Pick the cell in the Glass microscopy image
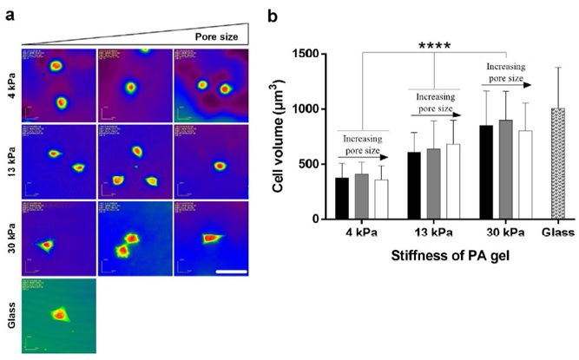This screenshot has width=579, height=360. point(59,315)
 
